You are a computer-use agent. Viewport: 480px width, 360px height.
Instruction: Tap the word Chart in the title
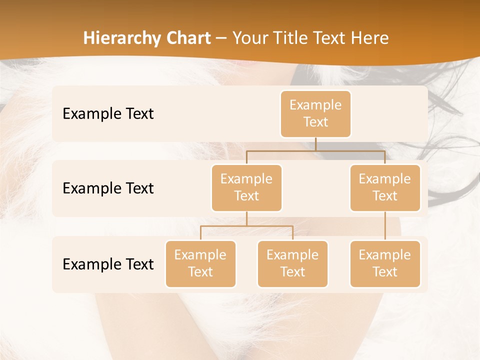pos(187,38)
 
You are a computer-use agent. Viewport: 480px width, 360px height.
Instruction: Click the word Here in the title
pos(370,38)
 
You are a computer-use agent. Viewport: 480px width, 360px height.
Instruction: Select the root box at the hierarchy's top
pos(315,113)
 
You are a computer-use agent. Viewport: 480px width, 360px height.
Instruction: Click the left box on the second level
pos(246,187)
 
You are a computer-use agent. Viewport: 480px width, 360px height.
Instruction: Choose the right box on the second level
pos(385,187)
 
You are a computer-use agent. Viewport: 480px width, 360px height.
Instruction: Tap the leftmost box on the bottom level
pos(200,263)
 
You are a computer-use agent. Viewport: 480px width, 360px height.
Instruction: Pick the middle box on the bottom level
pos(292,263)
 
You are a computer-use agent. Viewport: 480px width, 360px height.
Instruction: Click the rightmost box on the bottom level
pos(385,263)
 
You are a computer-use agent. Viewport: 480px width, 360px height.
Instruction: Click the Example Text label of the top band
pos(108,113)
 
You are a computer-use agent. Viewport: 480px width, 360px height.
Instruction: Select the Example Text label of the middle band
pos(108,188)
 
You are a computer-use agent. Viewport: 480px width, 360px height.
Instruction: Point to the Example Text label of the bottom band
pos(108,264)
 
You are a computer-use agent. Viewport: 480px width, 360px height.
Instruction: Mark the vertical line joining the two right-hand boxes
pos(385,226)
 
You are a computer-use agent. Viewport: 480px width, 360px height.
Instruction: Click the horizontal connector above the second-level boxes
pos(315,150)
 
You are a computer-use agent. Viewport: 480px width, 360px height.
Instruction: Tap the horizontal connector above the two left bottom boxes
pos(246,226)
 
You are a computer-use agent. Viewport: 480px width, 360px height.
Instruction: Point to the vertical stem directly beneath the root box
pos(315,144)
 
